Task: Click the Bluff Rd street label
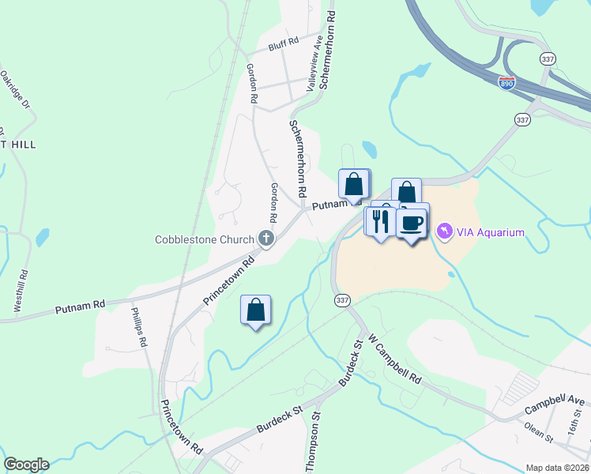pos(283,43)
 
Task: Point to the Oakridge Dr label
pos(14,90)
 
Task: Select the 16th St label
pos(574,431)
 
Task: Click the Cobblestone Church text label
pos(205,239)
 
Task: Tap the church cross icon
pos(267,239)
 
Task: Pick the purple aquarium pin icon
pos(444,231)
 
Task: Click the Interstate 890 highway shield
pos(507,82)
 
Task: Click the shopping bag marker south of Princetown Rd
pos(256,310)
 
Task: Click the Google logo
pos(26,465)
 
